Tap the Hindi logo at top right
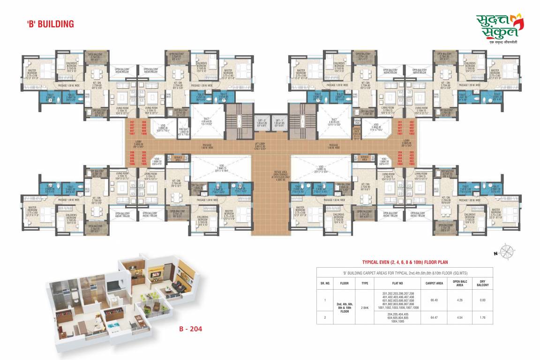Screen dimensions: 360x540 (500, 28)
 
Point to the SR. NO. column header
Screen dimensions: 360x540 (325, 283)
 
